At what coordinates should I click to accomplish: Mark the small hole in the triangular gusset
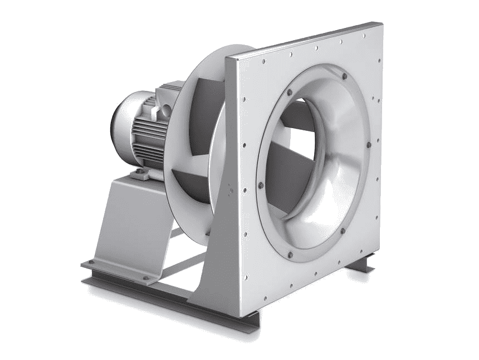pyautogui.click(x=229, y=189)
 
